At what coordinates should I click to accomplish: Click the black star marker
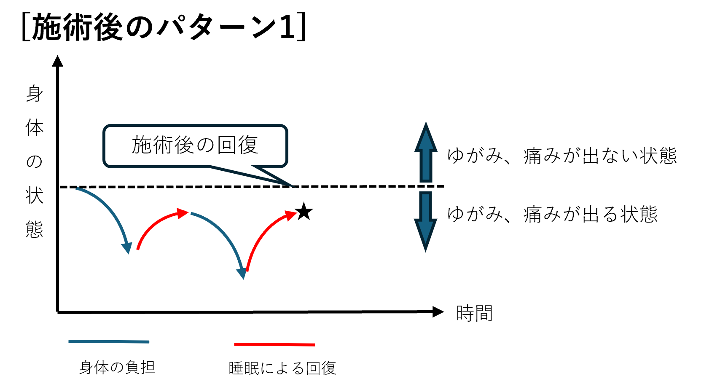coord(304,212)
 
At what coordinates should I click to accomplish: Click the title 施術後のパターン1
coord(164,27)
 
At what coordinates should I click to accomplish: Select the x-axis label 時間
coord(474,313)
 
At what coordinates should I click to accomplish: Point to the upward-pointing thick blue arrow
coord(426,152)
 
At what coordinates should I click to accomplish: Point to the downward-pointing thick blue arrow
coord(426,222)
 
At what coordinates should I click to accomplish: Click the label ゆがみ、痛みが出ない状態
coord(562,156)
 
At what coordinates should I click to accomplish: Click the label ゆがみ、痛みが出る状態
coord(552,214)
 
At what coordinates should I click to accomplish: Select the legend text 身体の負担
coord(117,367)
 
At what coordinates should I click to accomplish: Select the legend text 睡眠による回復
coord(282,368)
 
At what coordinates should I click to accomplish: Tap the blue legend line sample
coord(109,341)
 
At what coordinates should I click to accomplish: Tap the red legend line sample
coord(274,344)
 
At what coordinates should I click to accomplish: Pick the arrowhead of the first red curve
coord(183,213)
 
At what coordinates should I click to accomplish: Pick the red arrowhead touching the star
coord(290,215)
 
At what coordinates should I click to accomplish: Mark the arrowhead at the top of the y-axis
coord(57,61)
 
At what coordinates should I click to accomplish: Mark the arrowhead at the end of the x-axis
coord(438,312)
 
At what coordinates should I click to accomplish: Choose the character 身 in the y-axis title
coord(34,93)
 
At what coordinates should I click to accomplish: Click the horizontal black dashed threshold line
coord(252,187)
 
